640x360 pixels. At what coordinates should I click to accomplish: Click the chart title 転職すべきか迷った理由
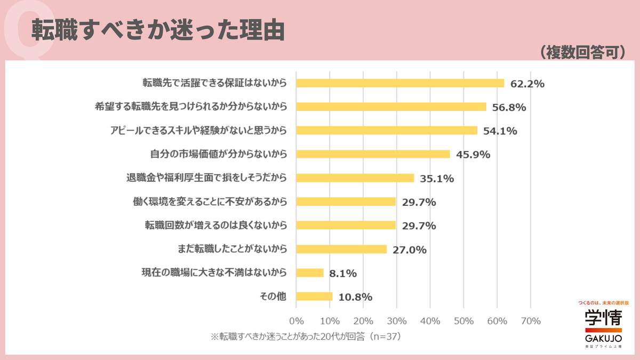point(157,30)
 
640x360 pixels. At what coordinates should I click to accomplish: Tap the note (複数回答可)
point(582,52)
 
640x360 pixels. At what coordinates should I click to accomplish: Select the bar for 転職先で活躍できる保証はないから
point(400,83)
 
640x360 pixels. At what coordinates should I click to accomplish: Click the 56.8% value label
point(509,107)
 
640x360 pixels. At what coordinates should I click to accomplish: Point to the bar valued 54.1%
point(387,131)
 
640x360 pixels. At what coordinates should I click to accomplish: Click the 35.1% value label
point(436,178)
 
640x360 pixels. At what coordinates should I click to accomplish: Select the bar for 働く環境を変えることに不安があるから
point(346,202)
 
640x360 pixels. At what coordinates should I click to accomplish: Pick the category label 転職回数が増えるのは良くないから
point(216,225)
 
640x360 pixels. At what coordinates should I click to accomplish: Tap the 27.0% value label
point(409,249)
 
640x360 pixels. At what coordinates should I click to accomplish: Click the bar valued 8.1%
point(310,273)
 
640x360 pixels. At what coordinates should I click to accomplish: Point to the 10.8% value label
point(355,297)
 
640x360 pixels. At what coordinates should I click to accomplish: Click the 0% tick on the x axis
point(296,321)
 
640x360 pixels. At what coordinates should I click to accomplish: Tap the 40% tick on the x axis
point(430,321)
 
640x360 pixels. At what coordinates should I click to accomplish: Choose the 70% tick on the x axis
point(530,321)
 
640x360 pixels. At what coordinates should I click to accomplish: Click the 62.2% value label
point(527,84)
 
